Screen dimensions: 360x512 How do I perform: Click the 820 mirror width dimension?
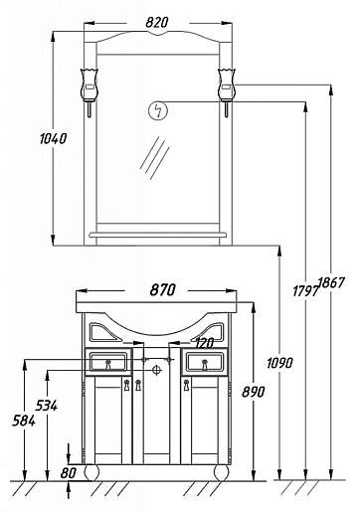157,23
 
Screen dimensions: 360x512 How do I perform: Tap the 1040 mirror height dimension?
53,138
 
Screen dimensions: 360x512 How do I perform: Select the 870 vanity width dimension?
162,290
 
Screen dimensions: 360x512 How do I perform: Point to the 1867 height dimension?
331,282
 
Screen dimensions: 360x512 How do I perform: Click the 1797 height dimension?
305,291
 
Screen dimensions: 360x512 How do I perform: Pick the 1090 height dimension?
279,363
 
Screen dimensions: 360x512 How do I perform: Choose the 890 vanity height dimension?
254,392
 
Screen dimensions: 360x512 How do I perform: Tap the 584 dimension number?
24,421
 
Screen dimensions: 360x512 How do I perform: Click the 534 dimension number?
47,406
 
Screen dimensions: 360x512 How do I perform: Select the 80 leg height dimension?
69,473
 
